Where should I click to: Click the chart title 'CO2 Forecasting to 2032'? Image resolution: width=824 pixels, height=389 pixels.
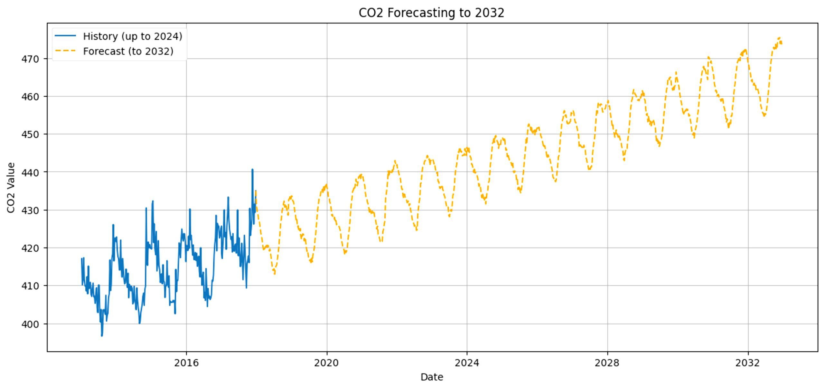pyautogui.click(x=431, y=13)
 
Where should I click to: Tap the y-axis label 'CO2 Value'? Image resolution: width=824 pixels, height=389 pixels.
pyautogui.click(x=11, y=188)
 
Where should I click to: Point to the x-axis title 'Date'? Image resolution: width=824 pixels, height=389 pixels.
pyautogui.click(x=432, y=377)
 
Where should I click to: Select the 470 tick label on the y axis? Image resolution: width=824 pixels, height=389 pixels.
pyautogui.click(x=30, y=59)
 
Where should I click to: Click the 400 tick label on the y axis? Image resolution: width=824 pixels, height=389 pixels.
pyautogui.click(x=30, y=324)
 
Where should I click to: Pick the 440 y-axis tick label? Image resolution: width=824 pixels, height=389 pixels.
pyautogui.click(x=30, y=172)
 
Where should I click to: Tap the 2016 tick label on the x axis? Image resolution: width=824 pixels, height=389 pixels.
pyautogui.click(x=186, y=363)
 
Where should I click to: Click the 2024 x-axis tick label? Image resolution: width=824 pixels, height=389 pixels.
pyautogui.click(x=467, y=363)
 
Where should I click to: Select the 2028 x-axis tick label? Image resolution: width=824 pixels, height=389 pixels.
pyautogui.click(x=607, y=363)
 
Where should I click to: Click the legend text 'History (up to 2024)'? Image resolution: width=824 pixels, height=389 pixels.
pyautogui.click(x=133, y=36)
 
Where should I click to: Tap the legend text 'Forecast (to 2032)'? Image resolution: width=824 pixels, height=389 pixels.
pyautogui.click(x=128, y=51)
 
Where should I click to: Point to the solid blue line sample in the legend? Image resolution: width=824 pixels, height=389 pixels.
pyautogui.click(x=65, y=36)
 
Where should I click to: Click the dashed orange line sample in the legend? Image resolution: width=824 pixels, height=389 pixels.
pyautogui.click(x=65, y=51)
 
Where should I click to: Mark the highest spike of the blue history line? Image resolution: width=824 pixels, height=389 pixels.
pyautogui.click(x=252, y=169)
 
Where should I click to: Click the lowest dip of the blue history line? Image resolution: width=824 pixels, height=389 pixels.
pyautogui.click(x=102, y=336)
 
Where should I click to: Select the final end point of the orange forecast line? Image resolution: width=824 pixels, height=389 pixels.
pyautogui.click(x=782, y=44)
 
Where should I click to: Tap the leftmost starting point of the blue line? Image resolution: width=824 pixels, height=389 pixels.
pyautogui.click(x=82, y=258)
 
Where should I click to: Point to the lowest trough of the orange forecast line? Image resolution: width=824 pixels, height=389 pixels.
pyautogui.click(x=275, y=274)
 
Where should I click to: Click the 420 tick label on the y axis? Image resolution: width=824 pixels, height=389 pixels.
pyautogui.click(x=30, y=248)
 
